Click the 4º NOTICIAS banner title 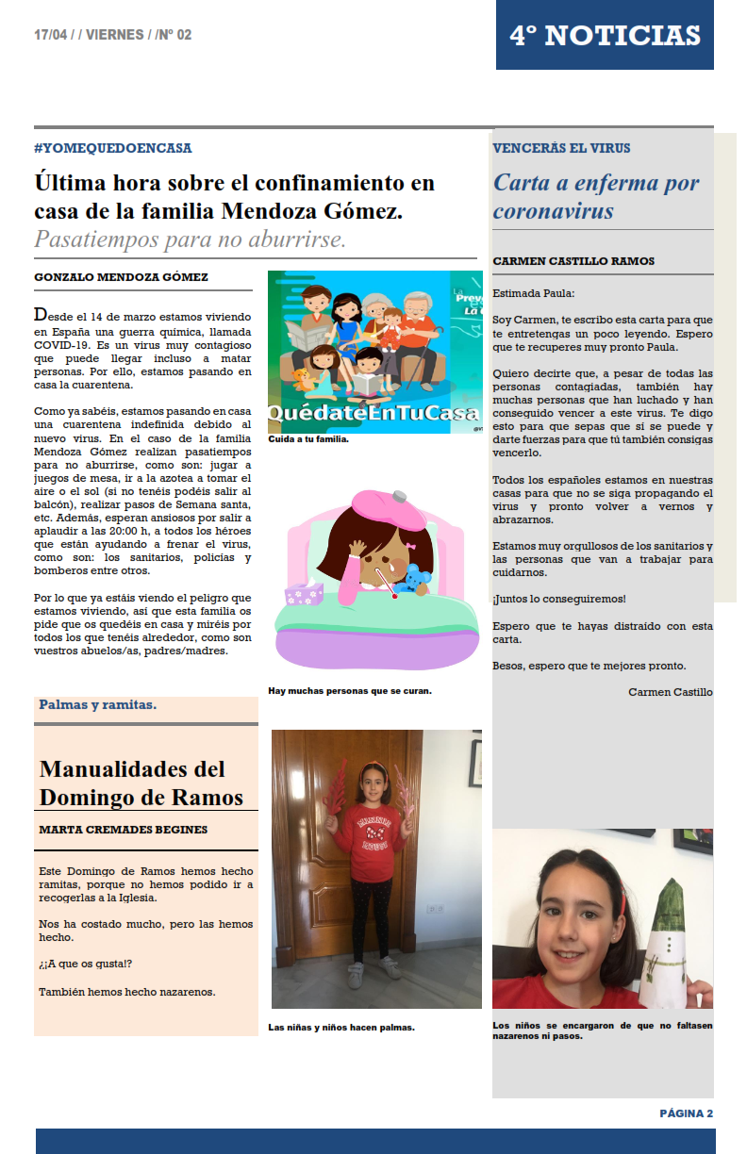click(x=605, y=36)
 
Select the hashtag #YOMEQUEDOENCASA click(x=112, y=148)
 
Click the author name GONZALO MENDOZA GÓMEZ click(x=121, y=277)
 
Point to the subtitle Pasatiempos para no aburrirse click(x=190, y=239)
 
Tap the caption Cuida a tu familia click(x=308, y=439)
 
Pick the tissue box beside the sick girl click(x=305, y=594)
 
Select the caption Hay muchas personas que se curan click(x=350, y=691)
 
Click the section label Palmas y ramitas click(x=98, y=704)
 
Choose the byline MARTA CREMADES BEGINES click(x=124, y=830)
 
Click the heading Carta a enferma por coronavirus click(x=596, y=196)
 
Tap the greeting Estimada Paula click(x=533, y=293)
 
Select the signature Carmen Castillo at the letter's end click(x=670, y=692)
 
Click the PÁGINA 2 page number click(x=686, y=1113)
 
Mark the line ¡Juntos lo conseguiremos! click(x=558, y=599)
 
